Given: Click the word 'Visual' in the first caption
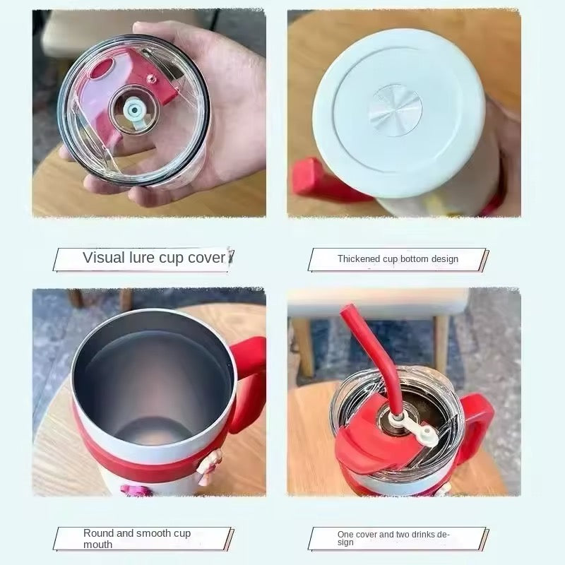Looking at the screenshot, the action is [x=104, y=258].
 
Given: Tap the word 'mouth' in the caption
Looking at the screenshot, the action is [x=97, y=544].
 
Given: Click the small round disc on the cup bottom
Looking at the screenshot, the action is [x=395, y=111].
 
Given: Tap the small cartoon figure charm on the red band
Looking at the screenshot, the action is [x=207, y=465].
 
